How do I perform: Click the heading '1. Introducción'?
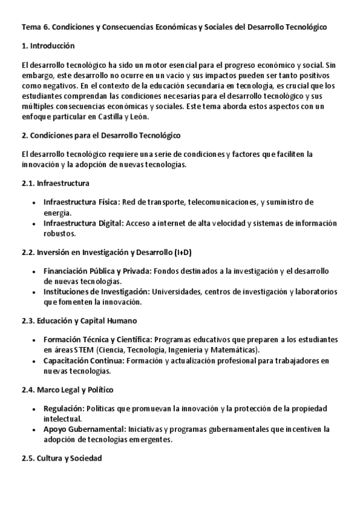47,45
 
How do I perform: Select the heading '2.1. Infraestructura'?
55,183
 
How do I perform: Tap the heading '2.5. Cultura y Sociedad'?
61,459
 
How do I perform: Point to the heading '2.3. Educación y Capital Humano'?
79,321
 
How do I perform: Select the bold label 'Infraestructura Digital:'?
84,223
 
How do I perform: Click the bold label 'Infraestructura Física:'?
82,202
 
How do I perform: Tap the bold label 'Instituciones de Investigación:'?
97,292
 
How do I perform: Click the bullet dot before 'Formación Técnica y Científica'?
33,340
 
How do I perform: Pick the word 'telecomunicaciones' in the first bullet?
224,202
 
